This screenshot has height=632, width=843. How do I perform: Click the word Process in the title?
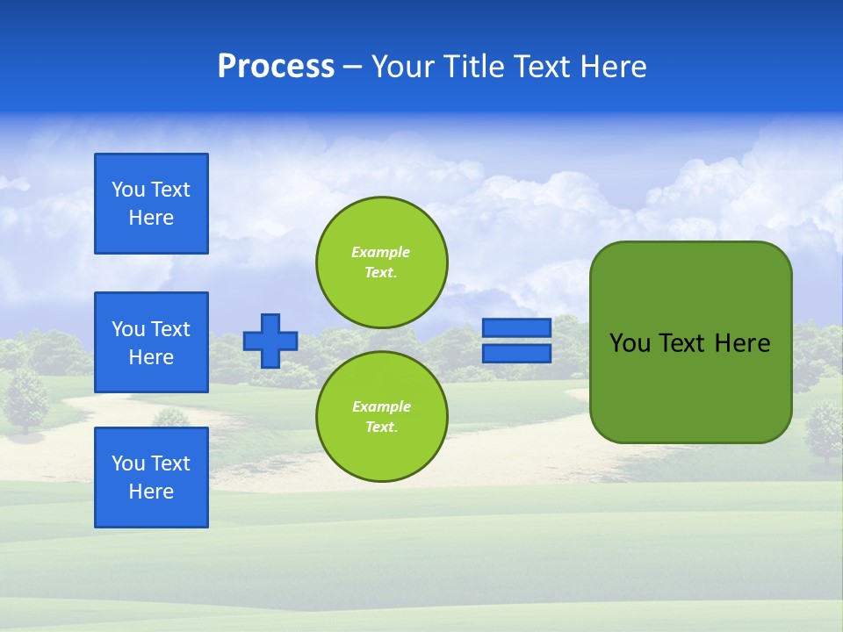pyautogui.click(x=276, y=67)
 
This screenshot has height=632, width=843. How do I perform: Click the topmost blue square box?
pyautogui.click(x=151, y=204)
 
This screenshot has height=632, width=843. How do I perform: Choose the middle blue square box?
pyautogui.click(x=151, y=342)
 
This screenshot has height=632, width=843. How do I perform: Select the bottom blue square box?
pyautogui.click(x=151, y=478)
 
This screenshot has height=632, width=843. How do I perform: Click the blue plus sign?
pyautogui.click(x=270, y=341)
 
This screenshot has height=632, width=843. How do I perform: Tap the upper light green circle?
pyautogui.click(x=381, y=262)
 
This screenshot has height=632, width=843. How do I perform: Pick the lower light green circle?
pyautogui.click(x=381, y=416)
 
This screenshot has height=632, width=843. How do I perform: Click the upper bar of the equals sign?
pyautogui.click(x=516, y=327)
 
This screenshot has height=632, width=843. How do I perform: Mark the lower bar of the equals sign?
pyautogui.click(x=516, y=354)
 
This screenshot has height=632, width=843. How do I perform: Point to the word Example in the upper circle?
pyautogui.click(x=380, y=252)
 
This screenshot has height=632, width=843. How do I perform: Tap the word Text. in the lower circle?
pyautogui.click(x=380, y=427)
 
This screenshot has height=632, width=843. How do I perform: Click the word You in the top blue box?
pyautogui.click(x=127, y=190)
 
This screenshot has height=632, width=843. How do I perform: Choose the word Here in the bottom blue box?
pyautogui.click(x=151, y=492)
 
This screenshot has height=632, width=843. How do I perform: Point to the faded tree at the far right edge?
pyautogui.click(x=824, y=428)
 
